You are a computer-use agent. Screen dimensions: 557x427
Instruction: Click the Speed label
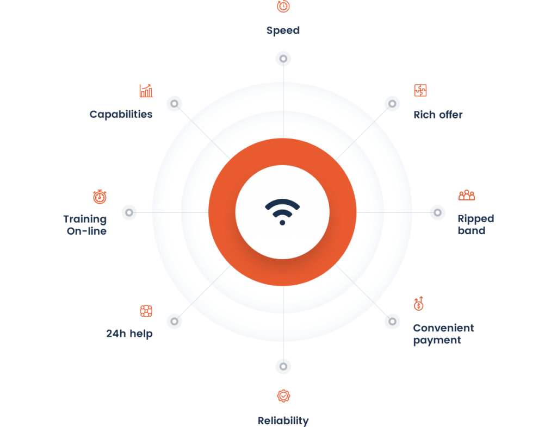[283, 30]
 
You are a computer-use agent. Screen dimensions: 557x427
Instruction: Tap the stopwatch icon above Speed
[283, 6]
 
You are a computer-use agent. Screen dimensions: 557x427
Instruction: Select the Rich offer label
[438, 115]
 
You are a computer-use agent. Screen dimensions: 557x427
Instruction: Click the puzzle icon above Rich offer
[420, 90]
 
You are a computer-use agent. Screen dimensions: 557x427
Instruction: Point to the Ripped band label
[475, 224]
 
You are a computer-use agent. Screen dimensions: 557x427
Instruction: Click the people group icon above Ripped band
[467, 195]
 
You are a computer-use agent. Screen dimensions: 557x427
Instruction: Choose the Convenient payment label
[443, 334]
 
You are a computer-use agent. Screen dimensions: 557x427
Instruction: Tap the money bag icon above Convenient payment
[419, 304]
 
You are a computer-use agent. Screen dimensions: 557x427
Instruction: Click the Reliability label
[283, 420]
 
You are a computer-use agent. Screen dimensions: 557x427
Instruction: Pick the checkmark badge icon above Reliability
[283, 396]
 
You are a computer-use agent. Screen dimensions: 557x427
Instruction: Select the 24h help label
[129, 334]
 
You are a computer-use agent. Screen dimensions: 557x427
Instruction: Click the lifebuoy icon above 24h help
[146, 311]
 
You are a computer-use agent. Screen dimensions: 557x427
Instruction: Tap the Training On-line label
[85, 225]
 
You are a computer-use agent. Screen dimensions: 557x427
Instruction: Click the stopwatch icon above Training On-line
[100, 197]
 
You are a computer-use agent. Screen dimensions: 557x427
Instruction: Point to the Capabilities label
[121, 114]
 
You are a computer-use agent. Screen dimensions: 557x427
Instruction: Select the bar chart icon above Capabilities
[146, 91]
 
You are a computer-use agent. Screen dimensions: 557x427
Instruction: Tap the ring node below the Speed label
[283, 59]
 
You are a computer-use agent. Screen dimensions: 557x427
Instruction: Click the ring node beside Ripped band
[438, 212]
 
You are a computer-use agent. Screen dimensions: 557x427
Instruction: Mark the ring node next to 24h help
[174, 321]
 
